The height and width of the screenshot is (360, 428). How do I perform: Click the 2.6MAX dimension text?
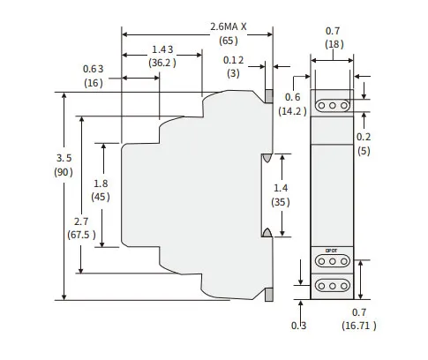(229, 27)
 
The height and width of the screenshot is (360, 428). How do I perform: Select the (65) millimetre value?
(229, 41)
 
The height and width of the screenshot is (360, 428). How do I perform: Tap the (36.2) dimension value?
(162, 63)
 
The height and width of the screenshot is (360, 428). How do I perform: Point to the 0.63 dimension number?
(94, 69)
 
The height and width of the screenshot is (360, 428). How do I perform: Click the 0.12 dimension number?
(233, 60)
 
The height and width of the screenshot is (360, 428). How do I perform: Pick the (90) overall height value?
(64, 172)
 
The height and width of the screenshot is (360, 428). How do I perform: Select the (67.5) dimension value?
(81, 235)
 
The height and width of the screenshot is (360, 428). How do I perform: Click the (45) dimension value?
(101, 197)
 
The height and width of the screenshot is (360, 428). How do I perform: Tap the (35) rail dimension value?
(281, 202)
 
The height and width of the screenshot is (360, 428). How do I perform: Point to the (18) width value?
(334, 44)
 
